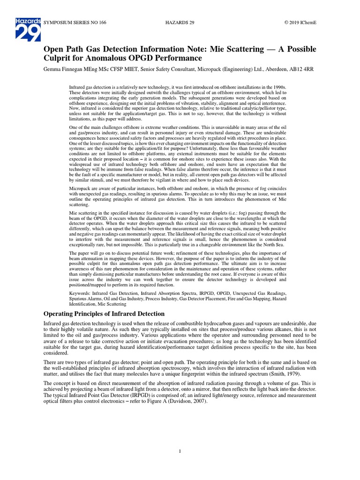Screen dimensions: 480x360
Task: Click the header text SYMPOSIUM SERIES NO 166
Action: (x=74, y=22)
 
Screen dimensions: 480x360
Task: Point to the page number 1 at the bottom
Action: (x=180, y=451)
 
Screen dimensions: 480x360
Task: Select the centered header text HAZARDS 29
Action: (x=180, y=22)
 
